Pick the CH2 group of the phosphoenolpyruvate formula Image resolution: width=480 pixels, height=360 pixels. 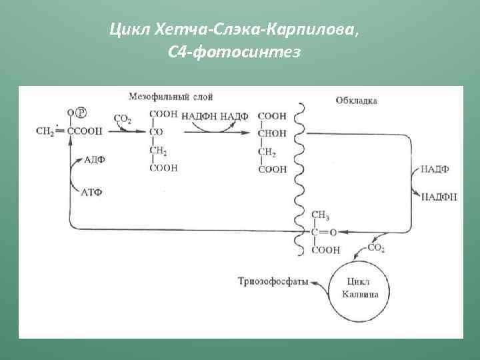[45, 131]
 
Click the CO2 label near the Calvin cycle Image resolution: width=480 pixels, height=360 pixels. [376, 247]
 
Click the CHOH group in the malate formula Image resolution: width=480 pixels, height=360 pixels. [272, 133]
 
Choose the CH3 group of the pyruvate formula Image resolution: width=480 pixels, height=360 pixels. [321, 215]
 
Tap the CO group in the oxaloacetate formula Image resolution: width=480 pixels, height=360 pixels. [156, 133]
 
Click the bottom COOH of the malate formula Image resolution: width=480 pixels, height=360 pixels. [273, 170]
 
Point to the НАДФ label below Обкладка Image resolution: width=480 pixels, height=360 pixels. [435, 169]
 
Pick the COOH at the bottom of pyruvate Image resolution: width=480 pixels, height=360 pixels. [325, 250]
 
